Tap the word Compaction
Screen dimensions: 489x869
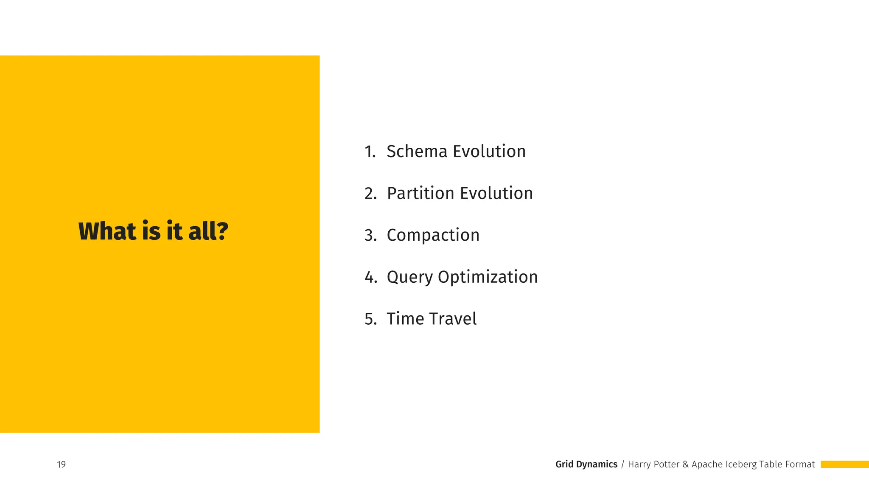(x=433, y=235)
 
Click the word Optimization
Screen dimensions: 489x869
(x=488, y=278)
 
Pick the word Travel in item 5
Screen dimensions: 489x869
(x=453, y=319)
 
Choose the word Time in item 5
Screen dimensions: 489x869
(x=405, y=319)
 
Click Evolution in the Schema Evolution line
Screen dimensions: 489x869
(x=489, y=152)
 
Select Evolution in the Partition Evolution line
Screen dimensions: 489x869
(x=496, y=194)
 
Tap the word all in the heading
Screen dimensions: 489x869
(x=202, y=231)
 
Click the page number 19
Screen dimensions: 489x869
(x=62, y=464)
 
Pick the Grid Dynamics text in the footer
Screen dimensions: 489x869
(x=586, y=464)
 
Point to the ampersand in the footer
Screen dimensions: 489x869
(x=685, y=464)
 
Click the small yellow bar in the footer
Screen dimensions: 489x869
(x=844, y=464)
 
